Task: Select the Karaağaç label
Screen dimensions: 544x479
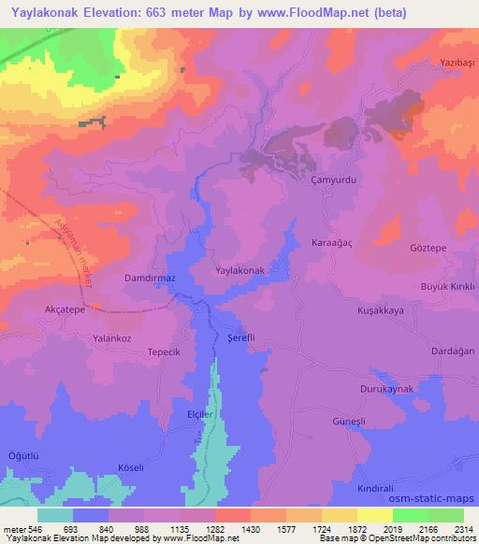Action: [331, 242]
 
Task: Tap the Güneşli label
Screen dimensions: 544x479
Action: [353, 422]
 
